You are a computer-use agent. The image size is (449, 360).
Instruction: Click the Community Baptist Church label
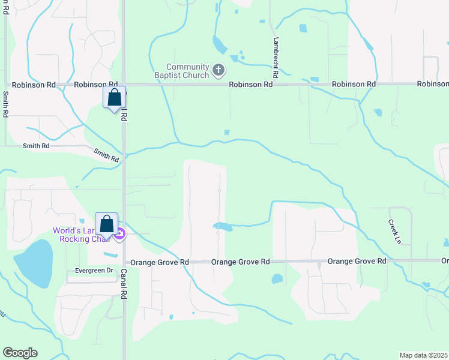(187, 71)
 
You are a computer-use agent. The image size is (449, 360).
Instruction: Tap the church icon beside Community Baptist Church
(218, 71)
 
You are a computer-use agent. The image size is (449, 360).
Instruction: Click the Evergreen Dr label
(94, 271)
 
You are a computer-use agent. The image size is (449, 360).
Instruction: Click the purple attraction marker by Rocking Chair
(119, 235)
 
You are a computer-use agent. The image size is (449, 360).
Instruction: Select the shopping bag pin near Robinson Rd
(114, 97)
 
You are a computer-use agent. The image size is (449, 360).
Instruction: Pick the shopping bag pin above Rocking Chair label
(107, 224)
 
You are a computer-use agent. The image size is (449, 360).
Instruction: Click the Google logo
(20, 353)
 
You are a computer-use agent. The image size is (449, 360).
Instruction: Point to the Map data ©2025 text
(423, 355)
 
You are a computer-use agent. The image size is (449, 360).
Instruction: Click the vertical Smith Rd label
(5, 103)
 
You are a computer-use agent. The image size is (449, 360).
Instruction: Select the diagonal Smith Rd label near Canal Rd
(106, 155)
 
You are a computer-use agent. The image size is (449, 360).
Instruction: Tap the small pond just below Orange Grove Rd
(277, 278)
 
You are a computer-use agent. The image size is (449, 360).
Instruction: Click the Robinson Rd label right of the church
(251, 85)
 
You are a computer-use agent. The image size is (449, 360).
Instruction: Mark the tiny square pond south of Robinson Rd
(226, 133)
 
